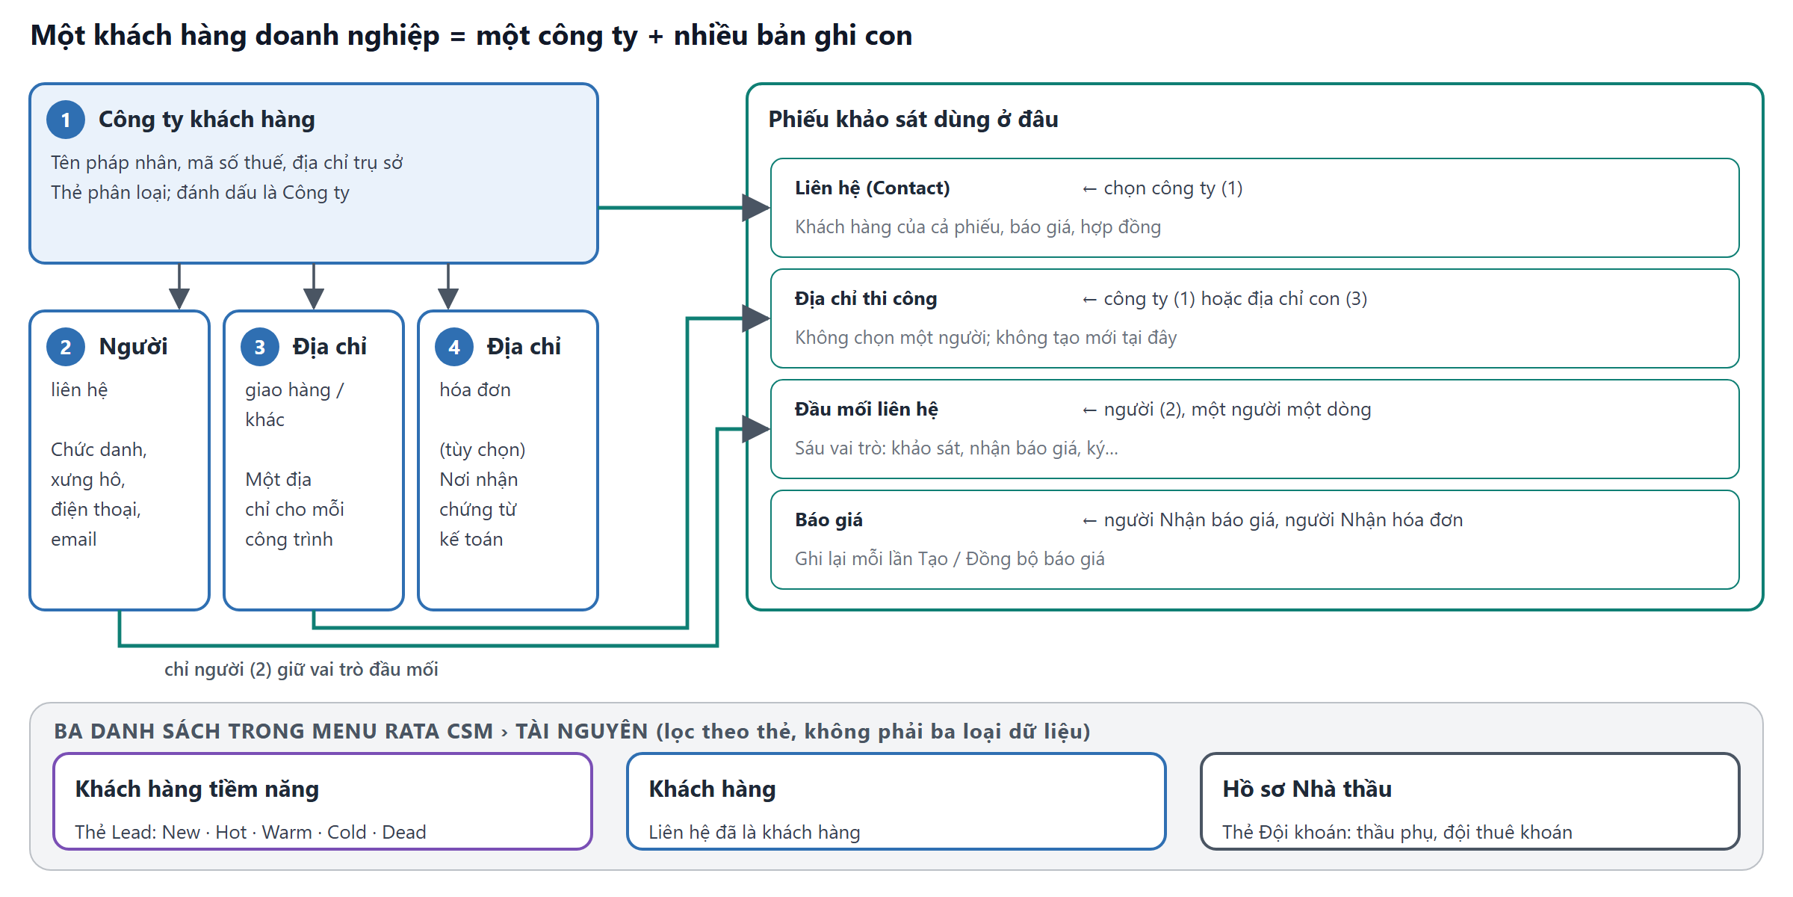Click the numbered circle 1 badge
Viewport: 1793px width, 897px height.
coord(66,120)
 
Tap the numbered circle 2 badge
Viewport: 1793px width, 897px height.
coord(66,347)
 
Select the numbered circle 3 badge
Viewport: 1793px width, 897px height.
coord(260,347)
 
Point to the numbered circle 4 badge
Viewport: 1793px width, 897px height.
coord(454,347)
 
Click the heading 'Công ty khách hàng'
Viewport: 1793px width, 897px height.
coord(207,120)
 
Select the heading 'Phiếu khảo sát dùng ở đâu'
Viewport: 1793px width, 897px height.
coord(913,120)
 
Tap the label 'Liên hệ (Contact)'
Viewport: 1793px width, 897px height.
coord(872,188)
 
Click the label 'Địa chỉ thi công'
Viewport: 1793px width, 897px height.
coord(866,299)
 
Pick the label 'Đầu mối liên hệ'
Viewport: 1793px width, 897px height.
coord(867,410)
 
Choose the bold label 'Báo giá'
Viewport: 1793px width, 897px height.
coord(829,520)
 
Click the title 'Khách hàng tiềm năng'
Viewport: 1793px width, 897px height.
coord(197,789)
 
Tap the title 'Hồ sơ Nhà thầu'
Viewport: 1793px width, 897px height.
coord(1307,789)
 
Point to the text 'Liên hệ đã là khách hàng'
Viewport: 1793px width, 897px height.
coord(755,833)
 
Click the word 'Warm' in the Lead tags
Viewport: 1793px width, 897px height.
coord(287,833)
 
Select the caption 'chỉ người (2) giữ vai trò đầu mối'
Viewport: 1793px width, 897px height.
coord(301,670)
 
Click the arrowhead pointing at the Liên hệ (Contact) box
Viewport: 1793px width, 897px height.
coord(756,208)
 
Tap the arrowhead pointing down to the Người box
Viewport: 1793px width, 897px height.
coord(179,298)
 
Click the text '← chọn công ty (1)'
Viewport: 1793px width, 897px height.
coord(1162,188)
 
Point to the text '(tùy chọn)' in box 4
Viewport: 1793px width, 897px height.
coord(483,450)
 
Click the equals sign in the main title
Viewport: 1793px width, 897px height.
coord(458,37)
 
